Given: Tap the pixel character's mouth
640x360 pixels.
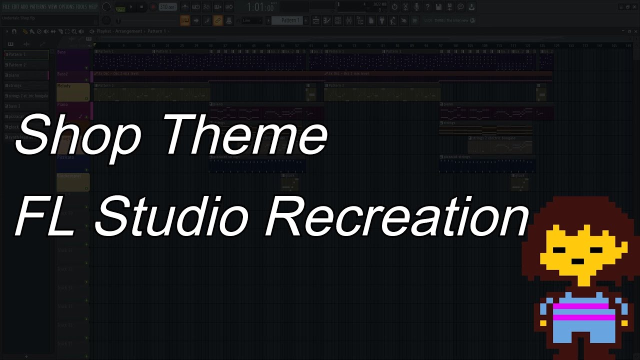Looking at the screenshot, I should click(577, 261).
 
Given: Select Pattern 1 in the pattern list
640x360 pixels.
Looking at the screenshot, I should click(26, 54).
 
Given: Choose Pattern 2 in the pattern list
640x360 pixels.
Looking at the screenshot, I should click(26, 65).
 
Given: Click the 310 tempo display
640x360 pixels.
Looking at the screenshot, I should click(167, 7).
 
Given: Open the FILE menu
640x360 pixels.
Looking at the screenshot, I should click(6, 6).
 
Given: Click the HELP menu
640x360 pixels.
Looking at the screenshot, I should click(93, 6).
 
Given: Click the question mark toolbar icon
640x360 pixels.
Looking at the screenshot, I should click(427, 7).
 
